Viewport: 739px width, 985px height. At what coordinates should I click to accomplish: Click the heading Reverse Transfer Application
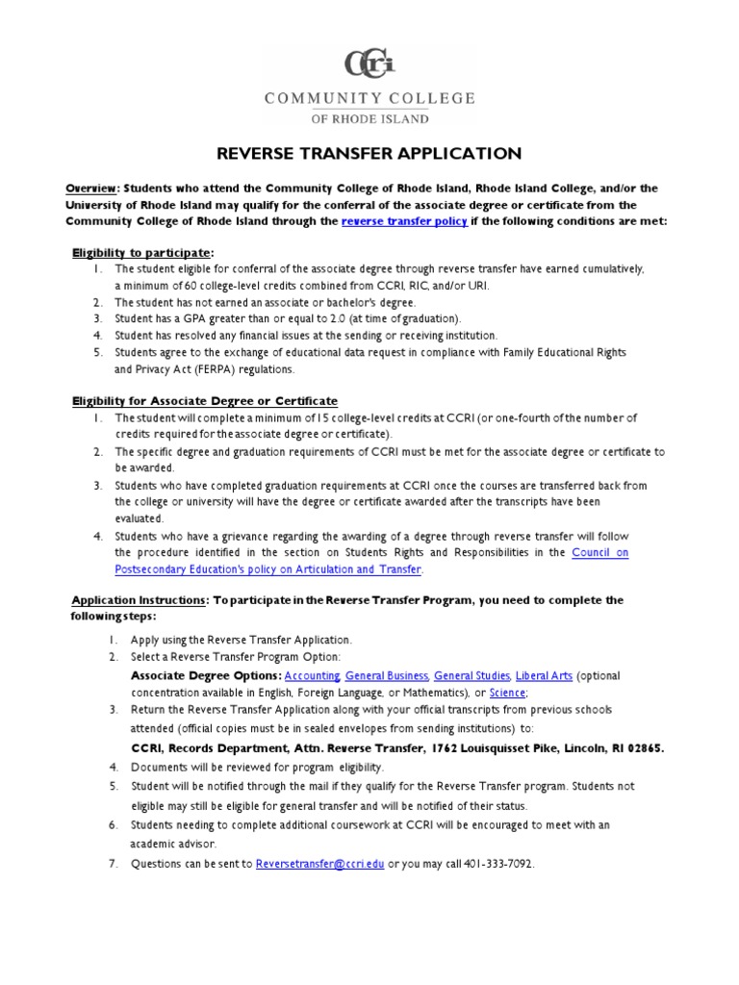[x=369, y=153]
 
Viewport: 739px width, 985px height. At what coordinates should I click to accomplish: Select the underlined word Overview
[x=90, y=189]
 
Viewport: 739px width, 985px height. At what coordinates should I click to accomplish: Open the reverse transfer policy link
[x=405, y=221]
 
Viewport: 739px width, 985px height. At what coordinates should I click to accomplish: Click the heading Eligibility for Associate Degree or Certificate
[x=205, y=400]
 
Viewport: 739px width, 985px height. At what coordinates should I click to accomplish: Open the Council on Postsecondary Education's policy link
[x=600, y=552]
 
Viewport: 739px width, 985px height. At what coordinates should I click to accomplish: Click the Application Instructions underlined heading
[x=140, y=600]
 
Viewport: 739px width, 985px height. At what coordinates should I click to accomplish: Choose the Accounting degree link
[x=312, y=676]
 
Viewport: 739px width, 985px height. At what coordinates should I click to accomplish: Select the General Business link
[x=389, y=676]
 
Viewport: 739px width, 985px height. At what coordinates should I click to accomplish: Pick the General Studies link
[x=472, y=676]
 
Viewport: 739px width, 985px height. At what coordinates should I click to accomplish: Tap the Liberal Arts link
[x=544, y=676]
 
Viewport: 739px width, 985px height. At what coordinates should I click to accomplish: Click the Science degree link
[x=507, y=693]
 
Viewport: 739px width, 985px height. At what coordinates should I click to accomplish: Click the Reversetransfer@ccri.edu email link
[x=319, y=864]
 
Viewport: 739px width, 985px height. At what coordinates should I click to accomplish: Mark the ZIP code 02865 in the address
[x=642, y=747]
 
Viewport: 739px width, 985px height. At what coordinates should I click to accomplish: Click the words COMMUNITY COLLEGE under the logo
[x=369, y=98]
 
